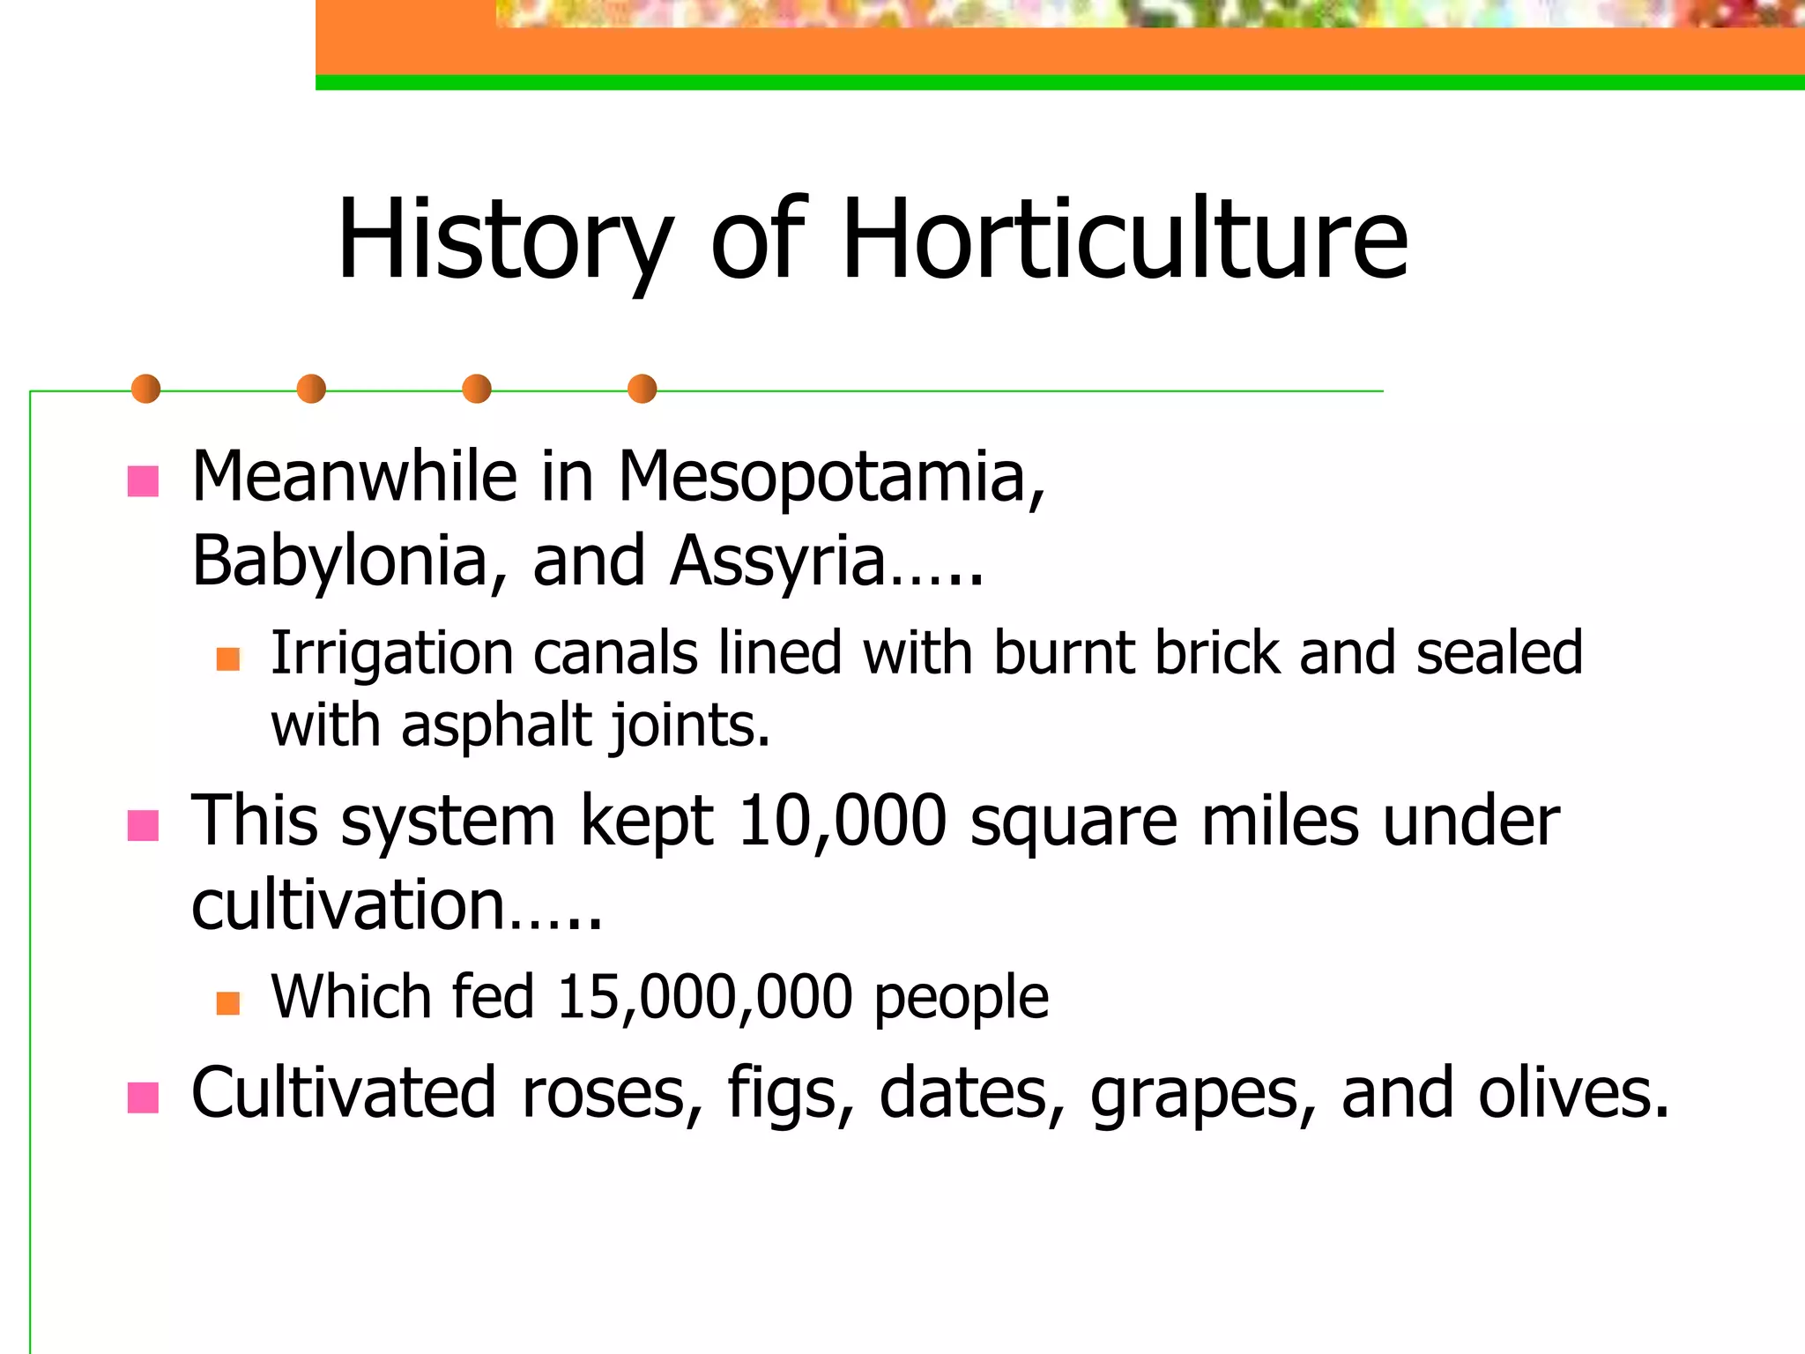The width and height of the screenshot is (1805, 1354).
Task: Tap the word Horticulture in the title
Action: (1125, 240)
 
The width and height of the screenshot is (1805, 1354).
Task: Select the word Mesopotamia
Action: (831, 477)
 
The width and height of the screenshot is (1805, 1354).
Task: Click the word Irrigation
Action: (391, 654)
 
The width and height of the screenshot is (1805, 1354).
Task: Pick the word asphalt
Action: (496, 725)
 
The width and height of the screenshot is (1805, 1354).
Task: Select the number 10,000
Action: (842, 821)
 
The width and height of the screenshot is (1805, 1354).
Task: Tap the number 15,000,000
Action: (705, 997)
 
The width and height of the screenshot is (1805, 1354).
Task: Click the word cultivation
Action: (348, 905)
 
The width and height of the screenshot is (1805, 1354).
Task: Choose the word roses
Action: (612, 1093)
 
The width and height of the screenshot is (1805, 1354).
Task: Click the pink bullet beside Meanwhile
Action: (143, 481)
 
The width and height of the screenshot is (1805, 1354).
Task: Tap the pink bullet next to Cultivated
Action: (143, 1097)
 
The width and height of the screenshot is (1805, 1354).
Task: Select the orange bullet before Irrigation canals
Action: (228, 658)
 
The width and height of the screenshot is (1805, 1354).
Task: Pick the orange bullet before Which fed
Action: (228, 1002)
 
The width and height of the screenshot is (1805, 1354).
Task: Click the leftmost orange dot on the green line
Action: (145, 389)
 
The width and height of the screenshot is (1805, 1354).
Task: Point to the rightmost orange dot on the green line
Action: (642, 389)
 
